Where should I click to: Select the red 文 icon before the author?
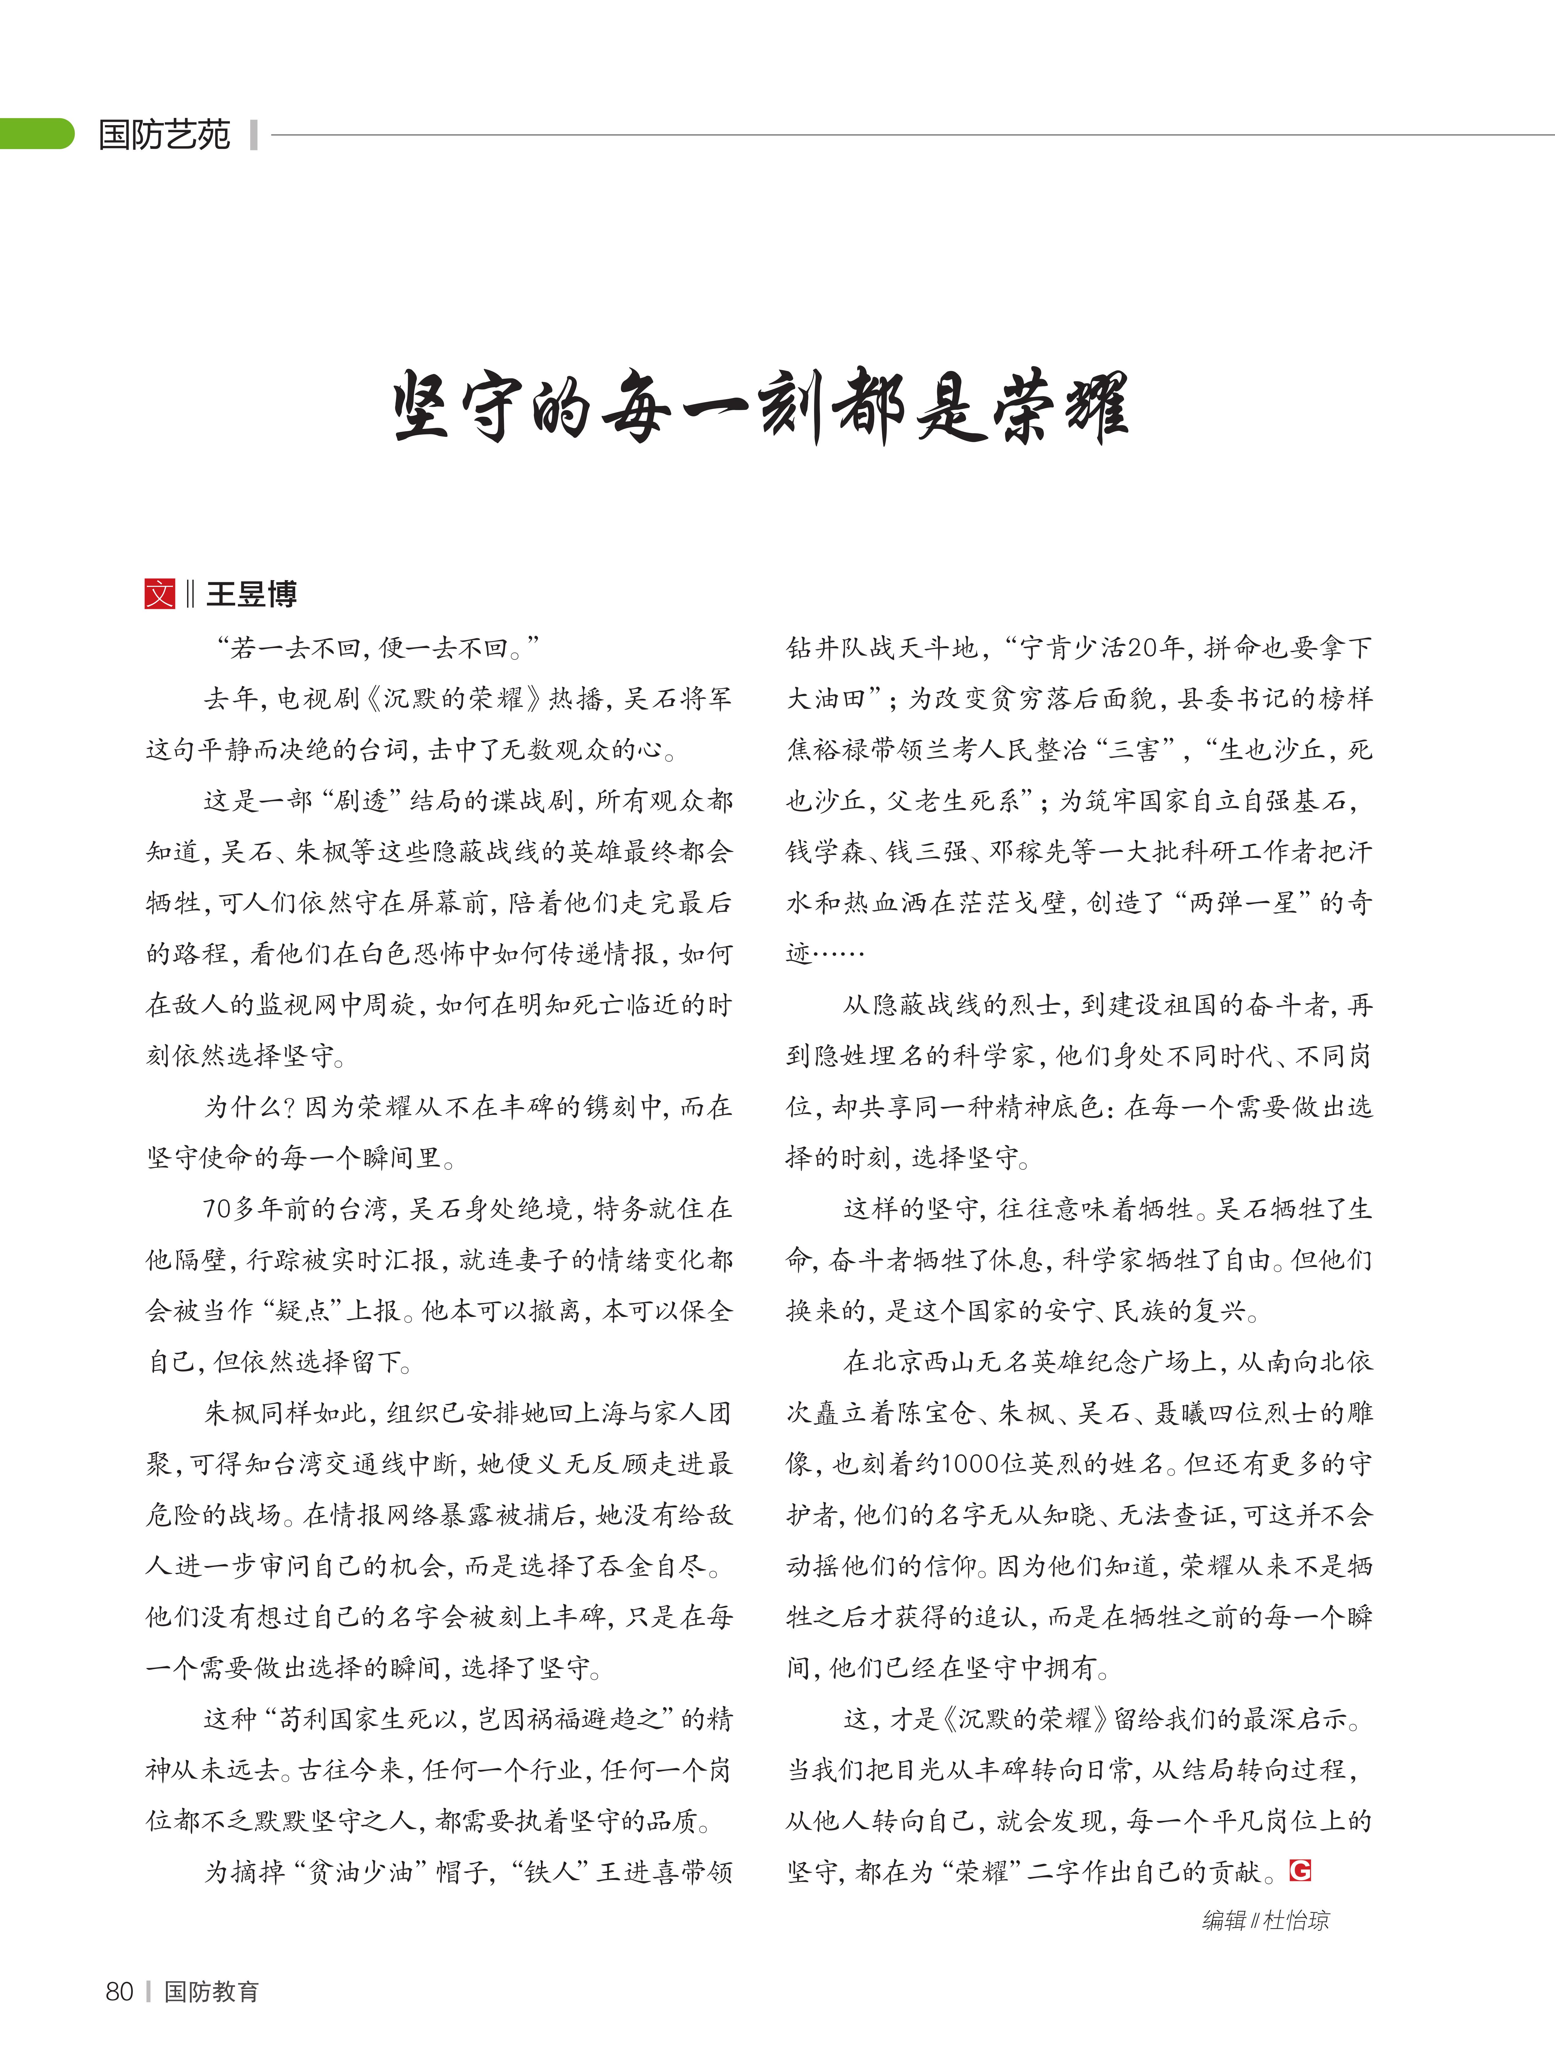click(159, 594)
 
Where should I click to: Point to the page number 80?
click(119, 1991)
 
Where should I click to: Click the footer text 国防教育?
click(212, 1991)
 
